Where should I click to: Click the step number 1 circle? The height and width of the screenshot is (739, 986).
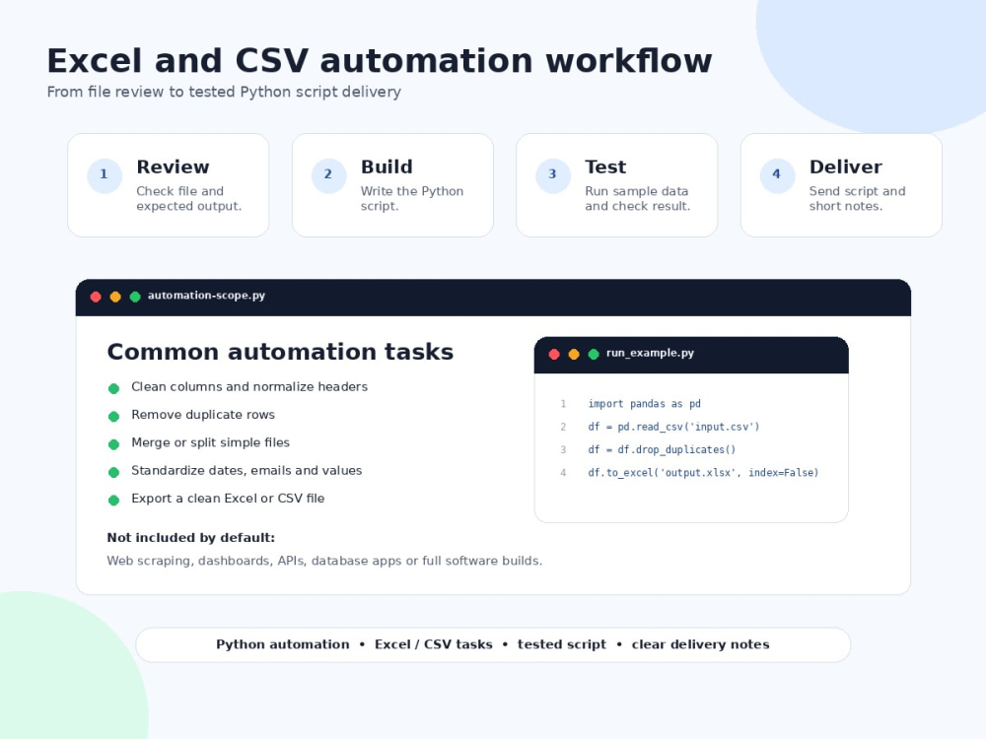(x=105, y=175)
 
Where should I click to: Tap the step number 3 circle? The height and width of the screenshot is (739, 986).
(x=553, y=175)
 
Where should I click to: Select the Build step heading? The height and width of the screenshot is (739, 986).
(x=387, y=168)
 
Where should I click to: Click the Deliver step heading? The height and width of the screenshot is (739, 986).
(x=845, y=168)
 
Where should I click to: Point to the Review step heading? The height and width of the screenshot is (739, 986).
(x=173, y=168)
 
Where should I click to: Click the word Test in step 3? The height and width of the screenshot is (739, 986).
(x=605, y=168)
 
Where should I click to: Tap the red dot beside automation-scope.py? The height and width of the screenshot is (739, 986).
(x=96, y=297)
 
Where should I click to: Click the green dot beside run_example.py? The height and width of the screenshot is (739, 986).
(x=593, y=355)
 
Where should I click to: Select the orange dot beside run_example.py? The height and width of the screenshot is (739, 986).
(x=574, y=355)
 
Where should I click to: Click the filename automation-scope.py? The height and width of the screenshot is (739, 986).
(x=206, y=296)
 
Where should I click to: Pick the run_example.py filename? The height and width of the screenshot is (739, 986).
(x=650, y=353)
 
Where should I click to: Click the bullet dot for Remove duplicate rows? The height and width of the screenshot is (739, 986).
(x=113, y=416)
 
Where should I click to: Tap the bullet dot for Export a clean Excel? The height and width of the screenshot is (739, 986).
(x=113, y=501)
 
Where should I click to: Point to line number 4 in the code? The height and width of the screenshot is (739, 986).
(x=563, y=473)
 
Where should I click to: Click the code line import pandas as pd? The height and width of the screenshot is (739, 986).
(x=644, y=403)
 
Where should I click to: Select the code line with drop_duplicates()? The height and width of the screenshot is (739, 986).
(x=662, y=449)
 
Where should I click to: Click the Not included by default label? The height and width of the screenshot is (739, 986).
(x=190, y=537)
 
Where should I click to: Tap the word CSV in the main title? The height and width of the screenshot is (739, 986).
(x=272, y=61)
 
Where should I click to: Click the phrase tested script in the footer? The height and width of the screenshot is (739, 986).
(x=562, y=644)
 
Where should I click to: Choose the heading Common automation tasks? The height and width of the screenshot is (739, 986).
(x=280, y=352)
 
